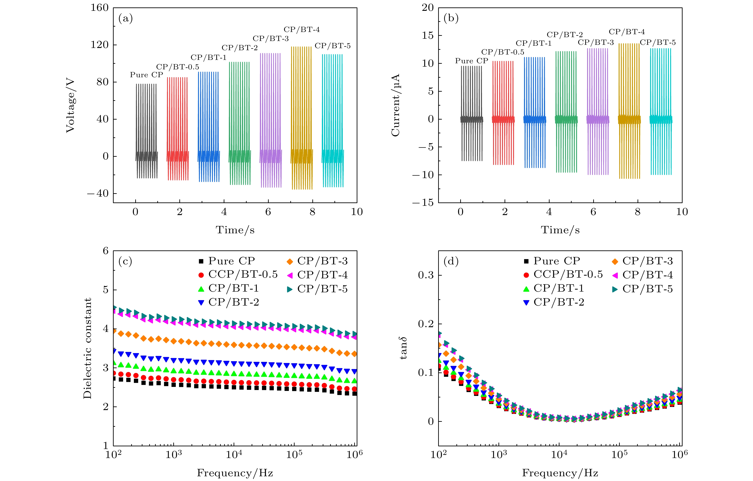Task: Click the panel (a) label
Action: pos(125,19)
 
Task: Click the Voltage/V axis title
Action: pos(70,106)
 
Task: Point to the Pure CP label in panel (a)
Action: pos(146,75)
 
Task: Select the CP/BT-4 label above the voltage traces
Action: pos(302,30)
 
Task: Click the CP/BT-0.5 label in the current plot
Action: pos(503,52)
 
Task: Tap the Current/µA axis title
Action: pos(396,105)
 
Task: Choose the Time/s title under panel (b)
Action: pos(560,230)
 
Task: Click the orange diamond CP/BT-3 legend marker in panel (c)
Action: pos(290,261)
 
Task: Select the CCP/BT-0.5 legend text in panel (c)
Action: pos(243,275)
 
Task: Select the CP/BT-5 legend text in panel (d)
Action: pos(647,289)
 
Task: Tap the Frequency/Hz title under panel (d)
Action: pos(560,473)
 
